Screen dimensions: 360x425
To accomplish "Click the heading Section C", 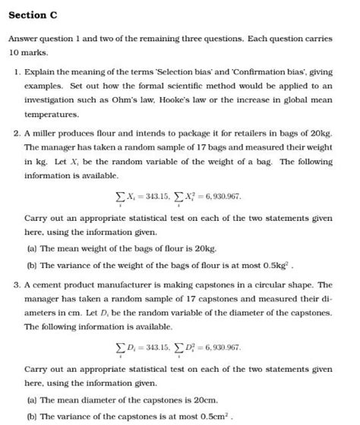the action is pos(33,16).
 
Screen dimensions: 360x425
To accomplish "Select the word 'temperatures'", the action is pos(51,115).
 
